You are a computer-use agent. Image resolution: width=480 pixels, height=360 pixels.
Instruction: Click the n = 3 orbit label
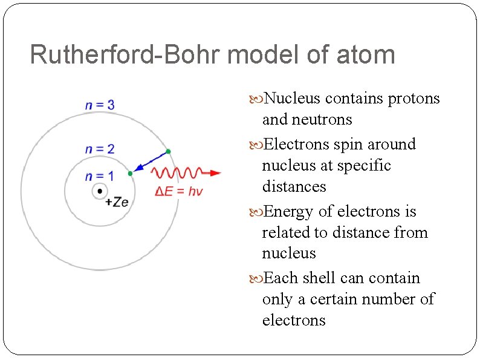(x=100, y=105)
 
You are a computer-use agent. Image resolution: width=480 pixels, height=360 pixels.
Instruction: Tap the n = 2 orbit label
(x=100, y=149)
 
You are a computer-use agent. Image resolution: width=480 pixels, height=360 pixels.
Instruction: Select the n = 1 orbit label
(x=99, y=176)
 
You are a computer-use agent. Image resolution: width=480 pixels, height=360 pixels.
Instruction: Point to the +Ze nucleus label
(x=117, y=202)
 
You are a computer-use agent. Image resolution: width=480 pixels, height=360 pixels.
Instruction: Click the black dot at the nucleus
(x=99, y=192)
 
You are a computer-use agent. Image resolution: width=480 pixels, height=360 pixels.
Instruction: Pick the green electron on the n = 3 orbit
(x=168, y=151)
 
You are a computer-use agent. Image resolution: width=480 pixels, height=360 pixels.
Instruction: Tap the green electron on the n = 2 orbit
(x=130, y=174)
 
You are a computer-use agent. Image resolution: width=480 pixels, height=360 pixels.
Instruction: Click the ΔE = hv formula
(x=179, y=191)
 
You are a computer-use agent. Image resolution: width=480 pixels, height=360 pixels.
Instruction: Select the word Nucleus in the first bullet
(x=294, y=99)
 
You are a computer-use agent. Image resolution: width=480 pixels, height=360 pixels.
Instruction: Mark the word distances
(x=294, y=186)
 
